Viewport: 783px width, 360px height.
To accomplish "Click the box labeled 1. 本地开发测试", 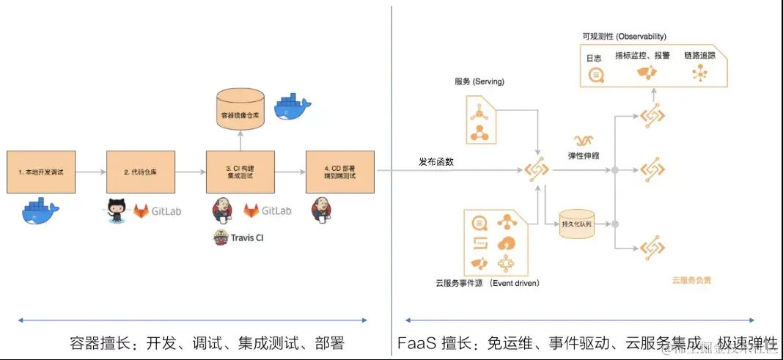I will (42, 172).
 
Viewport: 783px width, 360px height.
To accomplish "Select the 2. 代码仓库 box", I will (141, 172).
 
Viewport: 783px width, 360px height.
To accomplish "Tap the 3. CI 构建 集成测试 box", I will (240, 172).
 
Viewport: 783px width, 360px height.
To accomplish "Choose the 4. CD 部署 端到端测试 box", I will (340, 172).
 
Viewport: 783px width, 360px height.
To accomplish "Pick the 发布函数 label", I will (435, 161).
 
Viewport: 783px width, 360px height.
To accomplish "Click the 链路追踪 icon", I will (698, 73).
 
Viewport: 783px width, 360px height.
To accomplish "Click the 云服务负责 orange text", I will (691, 279).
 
